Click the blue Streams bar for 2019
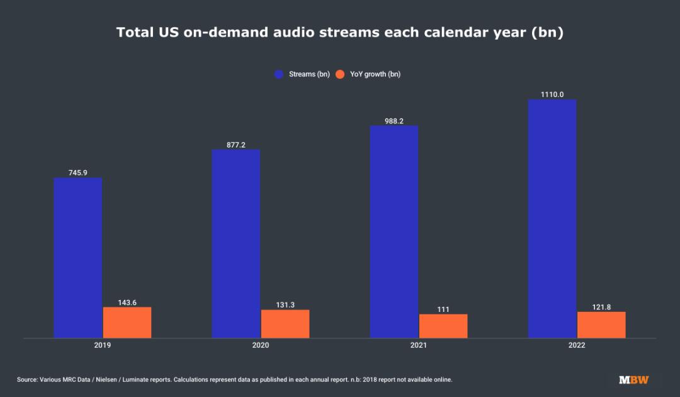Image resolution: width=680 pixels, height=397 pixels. [x=78, y=258]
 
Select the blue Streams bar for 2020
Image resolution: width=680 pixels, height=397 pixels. [x=236, y=244]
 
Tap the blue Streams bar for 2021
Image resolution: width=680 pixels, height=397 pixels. [x=394, y=232]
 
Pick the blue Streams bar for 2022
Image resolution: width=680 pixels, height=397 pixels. [x=552, y=219]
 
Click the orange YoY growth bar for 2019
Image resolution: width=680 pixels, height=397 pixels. [x=127, y=323]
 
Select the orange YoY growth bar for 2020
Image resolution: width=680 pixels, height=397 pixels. [x=285, y=324]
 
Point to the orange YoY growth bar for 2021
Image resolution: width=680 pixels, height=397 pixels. [x=443, y=326]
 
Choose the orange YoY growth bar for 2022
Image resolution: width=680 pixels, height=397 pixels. [x=601, y=325]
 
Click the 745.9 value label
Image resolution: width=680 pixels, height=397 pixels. [x=78, y=172]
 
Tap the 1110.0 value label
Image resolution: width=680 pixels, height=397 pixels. [x=552, y=95]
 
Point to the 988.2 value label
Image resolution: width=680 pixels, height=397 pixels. [x=394, y=120]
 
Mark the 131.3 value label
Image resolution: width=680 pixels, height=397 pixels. [x=285, y=304]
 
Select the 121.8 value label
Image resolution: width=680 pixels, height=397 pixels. [x=601, y=306]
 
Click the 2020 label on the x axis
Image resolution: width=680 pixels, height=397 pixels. [x=261, y=345]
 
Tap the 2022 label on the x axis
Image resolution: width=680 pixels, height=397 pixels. [x=577, y=345]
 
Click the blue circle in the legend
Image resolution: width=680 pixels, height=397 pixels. [x=279, y=74]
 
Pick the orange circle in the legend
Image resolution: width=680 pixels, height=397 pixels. [x=340, y=74]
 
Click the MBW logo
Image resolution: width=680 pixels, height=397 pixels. [x=633, y=379]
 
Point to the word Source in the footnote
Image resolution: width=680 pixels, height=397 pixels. [x=27, y=379]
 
